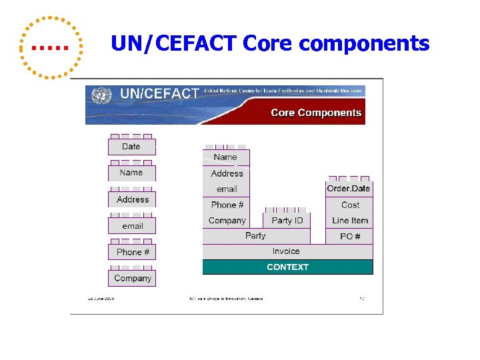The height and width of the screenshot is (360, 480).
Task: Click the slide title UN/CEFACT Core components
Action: pos(270,44)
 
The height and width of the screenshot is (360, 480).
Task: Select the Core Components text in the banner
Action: pos(316,113)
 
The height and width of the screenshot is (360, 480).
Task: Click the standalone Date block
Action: pos(131,147)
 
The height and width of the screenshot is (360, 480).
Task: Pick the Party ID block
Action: pos(287,221)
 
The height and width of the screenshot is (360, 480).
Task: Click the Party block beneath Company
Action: pos(255,236)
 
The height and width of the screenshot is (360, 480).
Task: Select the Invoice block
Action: pos(286,251)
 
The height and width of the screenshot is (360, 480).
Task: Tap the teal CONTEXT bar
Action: pos(287,267)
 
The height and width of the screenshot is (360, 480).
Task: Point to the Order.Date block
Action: pos(349,189)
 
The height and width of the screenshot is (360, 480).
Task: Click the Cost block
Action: pos(350,205)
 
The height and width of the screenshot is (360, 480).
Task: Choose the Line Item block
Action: pos(350,221)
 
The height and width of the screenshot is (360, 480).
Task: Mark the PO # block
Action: pos(350,237)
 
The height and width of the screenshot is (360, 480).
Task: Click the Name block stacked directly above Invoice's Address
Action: pos(225,157)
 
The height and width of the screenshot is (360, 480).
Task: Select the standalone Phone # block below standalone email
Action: pos(132,252)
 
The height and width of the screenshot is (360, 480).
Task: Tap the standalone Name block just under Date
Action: pos(131,173)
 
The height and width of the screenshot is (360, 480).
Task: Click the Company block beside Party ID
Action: pos(227,221)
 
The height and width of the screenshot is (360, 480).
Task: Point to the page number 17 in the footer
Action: pos(362,299)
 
